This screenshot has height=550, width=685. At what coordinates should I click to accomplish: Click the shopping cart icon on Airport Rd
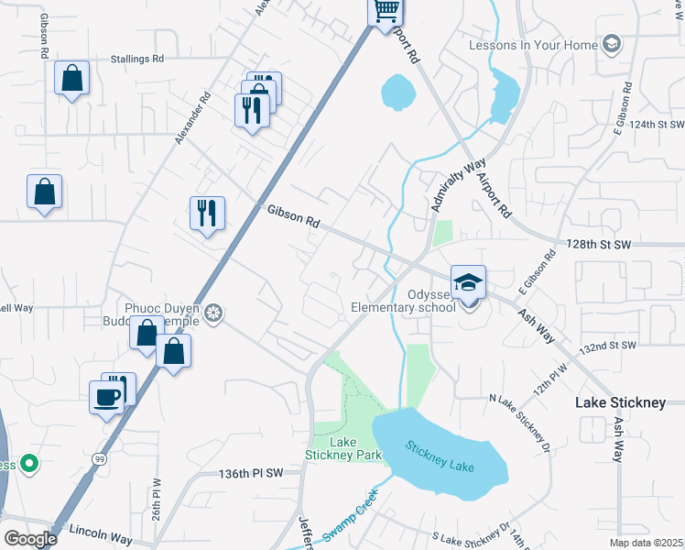pos(386,11)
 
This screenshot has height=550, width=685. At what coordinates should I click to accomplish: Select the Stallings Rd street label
pos(132,58)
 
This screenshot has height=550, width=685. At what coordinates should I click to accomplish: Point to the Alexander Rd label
pos(192,117)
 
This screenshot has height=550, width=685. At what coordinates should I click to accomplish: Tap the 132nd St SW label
pos(608,346)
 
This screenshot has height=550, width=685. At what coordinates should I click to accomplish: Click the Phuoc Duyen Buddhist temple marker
pos(213,313)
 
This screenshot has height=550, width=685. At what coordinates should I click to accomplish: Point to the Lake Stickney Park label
pos(342,448)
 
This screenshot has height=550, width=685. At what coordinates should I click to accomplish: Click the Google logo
pos(29,538)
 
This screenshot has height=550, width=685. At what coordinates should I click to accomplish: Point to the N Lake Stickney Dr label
pos(523,421)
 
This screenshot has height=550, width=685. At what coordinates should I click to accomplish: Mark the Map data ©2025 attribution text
pos(646,543)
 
